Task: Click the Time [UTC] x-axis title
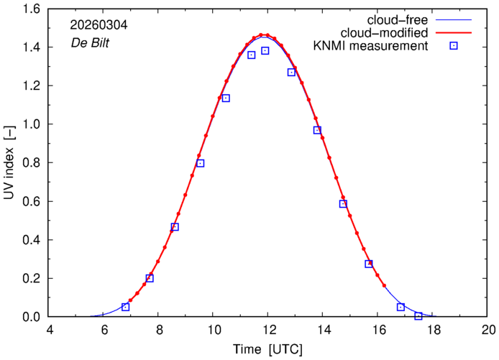[x=267, y=350]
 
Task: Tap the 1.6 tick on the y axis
[x=32, y=9]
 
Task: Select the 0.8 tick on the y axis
[x=32, y=162]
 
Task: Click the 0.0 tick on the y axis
[x=32, y=316]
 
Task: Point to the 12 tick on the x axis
[x=268, y=331]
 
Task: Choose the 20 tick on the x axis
[x=487, y=331]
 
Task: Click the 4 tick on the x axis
[x=49, y=331]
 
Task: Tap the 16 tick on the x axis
[x=378, y=331]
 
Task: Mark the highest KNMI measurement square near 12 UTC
[x=265, y=51]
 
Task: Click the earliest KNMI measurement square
[x=126, y=307]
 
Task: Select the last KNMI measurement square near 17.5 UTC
[x=418, y=316]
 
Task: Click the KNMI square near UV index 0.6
[x=343, y=204]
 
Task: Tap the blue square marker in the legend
[x=454, y=47]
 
